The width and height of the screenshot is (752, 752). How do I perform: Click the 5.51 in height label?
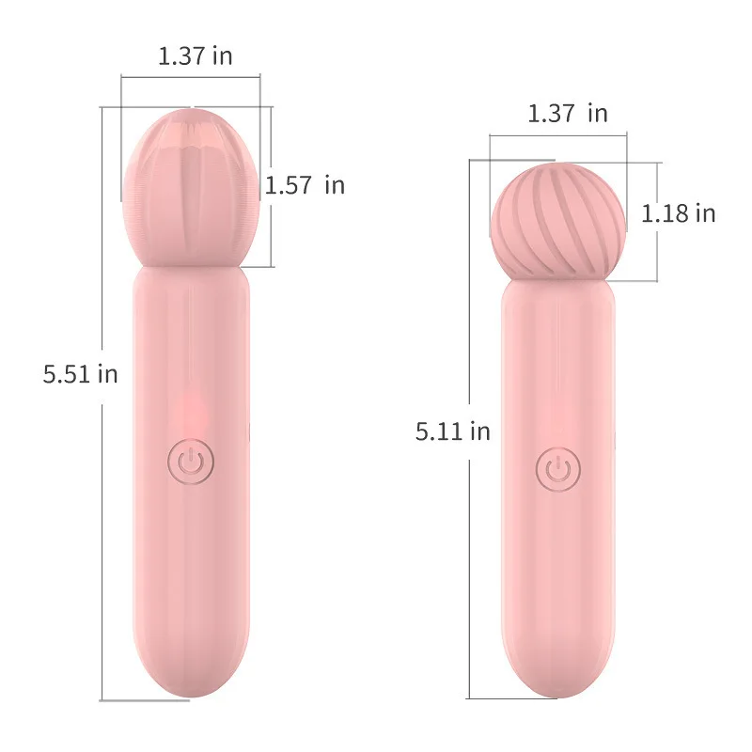[x=80, y=373]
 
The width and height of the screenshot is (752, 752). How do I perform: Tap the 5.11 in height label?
[x=452, y=431]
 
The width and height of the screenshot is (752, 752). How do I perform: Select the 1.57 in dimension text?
[x=305, y=185]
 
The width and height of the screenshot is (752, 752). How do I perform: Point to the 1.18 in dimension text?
[x=678, y=213]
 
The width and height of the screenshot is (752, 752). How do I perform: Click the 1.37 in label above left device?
[x=195, y=55]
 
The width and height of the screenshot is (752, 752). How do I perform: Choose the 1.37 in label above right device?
[x=567, y=114]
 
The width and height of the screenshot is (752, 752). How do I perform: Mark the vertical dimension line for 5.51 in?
[x=102, y=470]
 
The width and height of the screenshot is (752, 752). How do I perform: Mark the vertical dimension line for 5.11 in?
[x=469, y=564]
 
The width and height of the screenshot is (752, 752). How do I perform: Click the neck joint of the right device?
[x=558, y=279]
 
